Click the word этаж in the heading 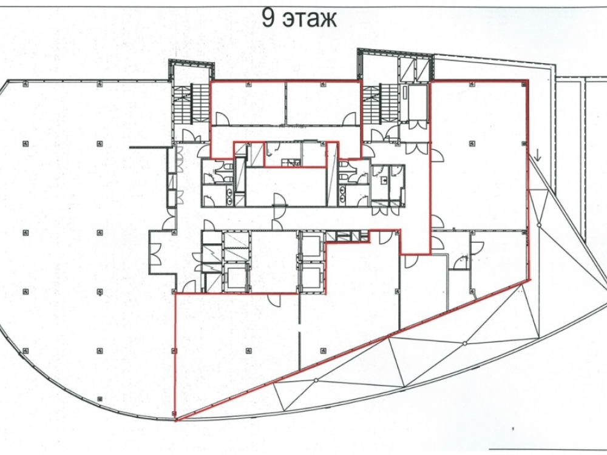[x=310, y=19]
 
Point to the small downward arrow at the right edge [x=538, y=155]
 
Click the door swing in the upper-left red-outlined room [x=222, y=118]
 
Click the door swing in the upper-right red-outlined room [x=349, y=118]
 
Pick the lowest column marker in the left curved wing [x=100, y=399]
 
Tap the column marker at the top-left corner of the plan [x=25, y=84]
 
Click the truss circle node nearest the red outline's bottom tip [x=316, y=380]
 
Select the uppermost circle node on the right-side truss [x=538, y=225]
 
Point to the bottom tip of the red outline [x=175, y=421]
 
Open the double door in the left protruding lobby [x=155, y=254]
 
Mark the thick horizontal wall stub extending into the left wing [x=149, y=147]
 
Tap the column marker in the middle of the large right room [x=472, y=144]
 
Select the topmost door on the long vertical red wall [x=438, y=155]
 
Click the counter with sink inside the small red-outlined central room [x=290, y=163]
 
